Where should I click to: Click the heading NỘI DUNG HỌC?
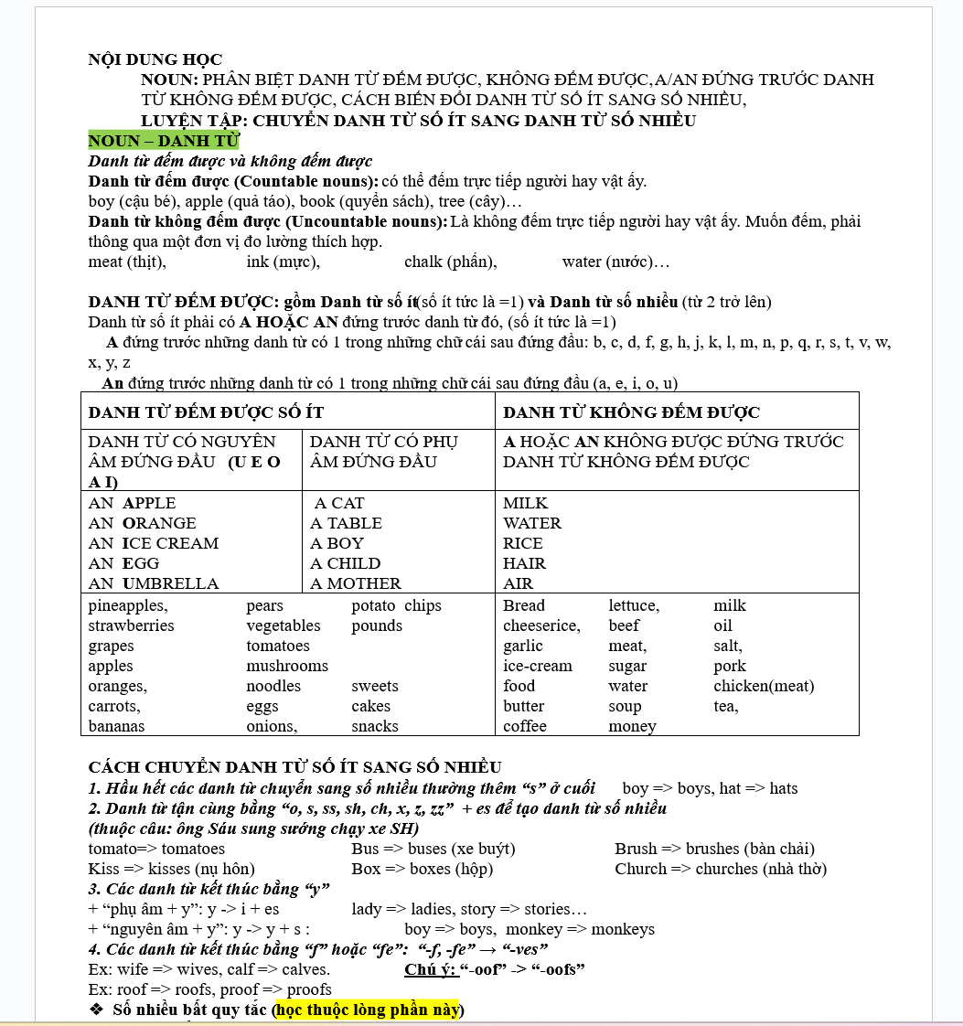(155, 60)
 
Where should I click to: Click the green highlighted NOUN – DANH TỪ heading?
(163, 141)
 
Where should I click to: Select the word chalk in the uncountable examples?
(424, 262)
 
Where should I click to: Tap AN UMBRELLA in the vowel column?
(154, 583)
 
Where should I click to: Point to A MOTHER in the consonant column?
(356, 583)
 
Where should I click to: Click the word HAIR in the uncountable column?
(524, 563)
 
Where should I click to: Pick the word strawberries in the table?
(131, 626)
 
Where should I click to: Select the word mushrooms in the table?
(287, 667)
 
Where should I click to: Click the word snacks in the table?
(375, 727)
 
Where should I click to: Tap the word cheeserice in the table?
(540, 626)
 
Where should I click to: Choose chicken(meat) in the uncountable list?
(764, 687)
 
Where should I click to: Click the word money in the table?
(632, 727)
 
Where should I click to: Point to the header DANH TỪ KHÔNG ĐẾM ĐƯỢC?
(631, 412)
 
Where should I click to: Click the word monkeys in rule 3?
(623, 930)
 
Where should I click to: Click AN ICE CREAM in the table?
(154, 543)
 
